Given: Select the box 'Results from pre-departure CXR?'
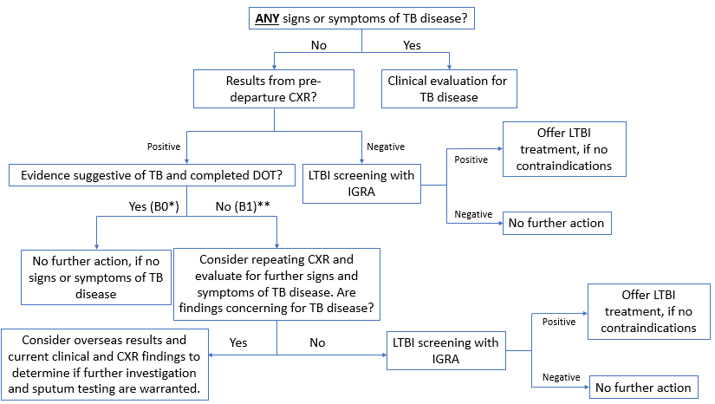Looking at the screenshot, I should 275,88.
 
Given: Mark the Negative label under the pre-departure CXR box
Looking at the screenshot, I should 386,147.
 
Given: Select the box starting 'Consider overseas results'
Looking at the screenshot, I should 106,363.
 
